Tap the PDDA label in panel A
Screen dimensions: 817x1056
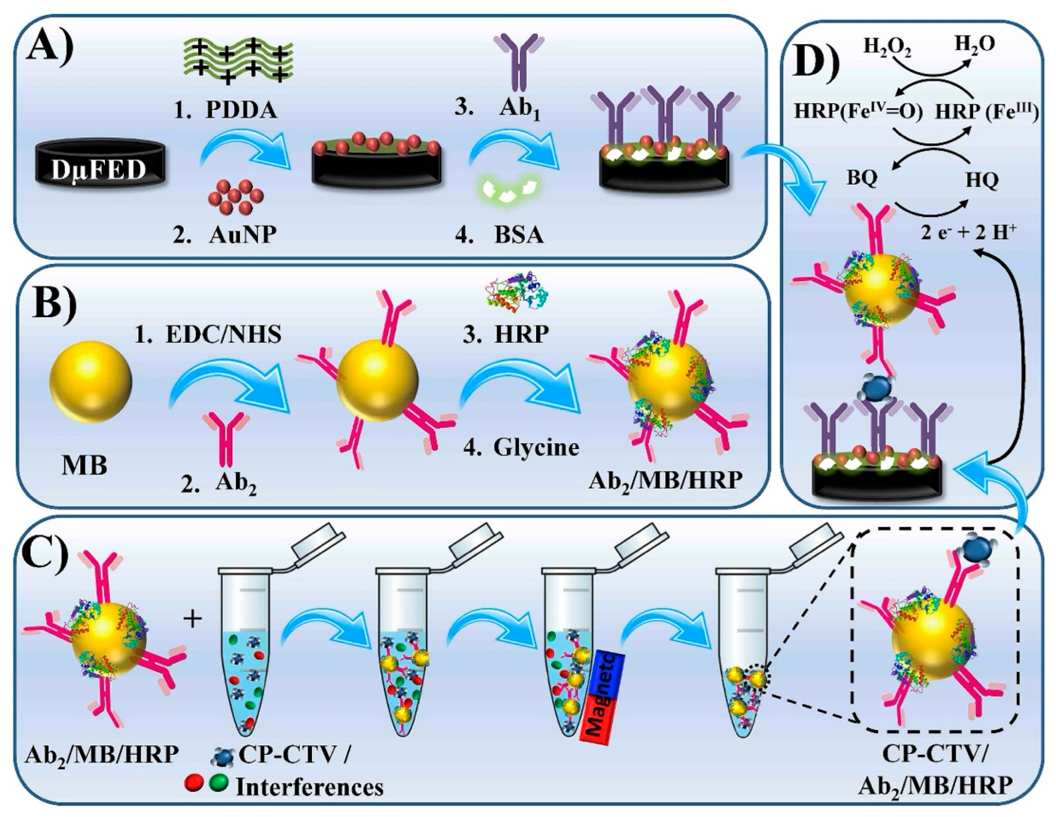coord(241,110)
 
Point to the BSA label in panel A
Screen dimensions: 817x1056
coord(518,236)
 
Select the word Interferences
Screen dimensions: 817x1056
coord(309,788)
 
